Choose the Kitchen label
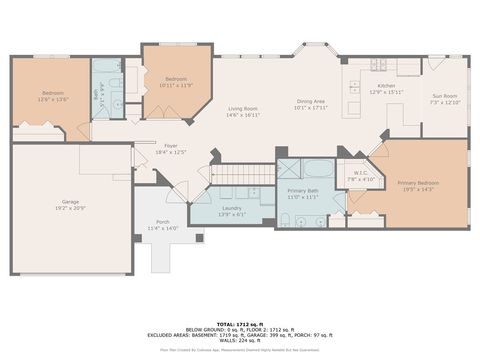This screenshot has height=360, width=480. coord(386,87)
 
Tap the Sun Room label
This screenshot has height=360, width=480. coord(443,97)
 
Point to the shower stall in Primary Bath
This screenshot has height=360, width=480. coord(289,168)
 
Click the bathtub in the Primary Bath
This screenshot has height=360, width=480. coord(321,168)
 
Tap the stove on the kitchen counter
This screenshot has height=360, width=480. coord(381,66)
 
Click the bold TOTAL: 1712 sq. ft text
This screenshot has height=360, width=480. coord(240,324)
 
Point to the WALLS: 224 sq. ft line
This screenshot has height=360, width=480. coord(240,341)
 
